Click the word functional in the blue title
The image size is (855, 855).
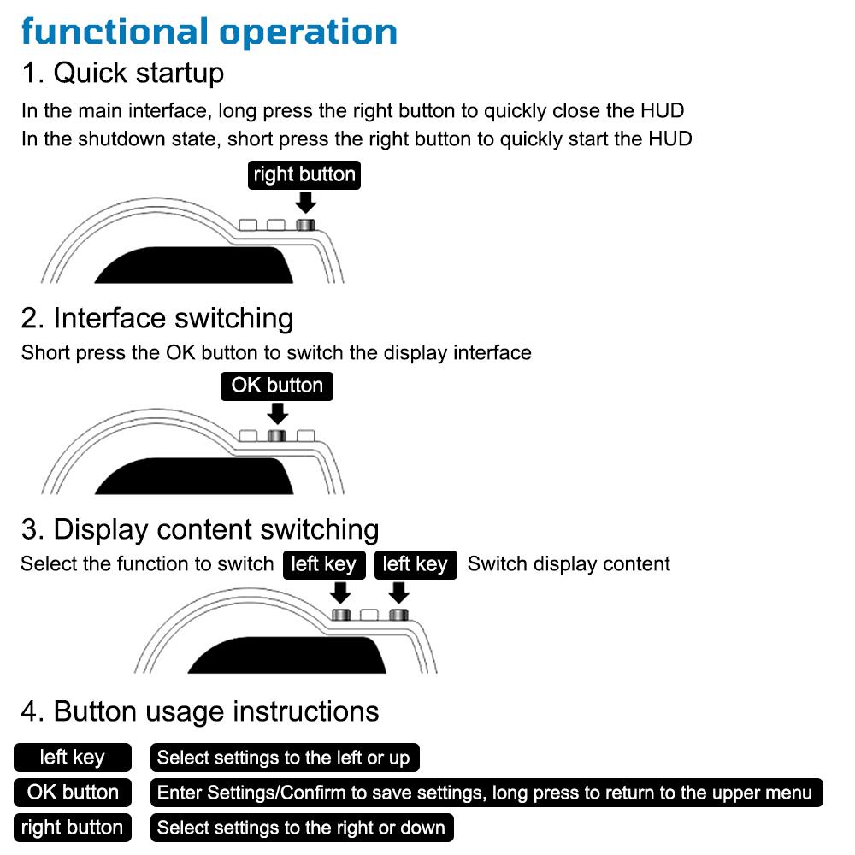tap(115, 32)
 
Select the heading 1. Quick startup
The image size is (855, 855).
tap(122, 73)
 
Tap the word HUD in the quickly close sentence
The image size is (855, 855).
tap(662, 110)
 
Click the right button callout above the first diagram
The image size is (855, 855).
tap(304, 175)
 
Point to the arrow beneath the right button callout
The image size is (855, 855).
tap(305, 203)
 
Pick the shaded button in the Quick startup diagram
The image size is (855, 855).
tap(305, 225)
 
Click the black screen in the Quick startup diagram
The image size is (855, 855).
tap(194, 265)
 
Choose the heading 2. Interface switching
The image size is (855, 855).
tap(157, 318)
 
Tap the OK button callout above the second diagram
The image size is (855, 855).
tap(277, 386)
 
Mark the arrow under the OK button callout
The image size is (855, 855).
tap(278, 413)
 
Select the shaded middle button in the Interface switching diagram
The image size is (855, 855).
tap(277, 436)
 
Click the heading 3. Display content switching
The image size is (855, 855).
tap(200, 529)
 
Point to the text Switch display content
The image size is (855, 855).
tap(569, 563)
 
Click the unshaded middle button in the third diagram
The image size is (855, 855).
tap(369, 615)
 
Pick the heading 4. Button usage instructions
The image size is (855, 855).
tap(200, 711)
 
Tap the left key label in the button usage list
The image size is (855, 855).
tap(73, 758)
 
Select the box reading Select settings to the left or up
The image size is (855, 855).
tap(285, 758)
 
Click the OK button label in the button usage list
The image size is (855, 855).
tap(73, 793)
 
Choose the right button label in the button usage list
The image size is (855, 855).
tap(73, 828)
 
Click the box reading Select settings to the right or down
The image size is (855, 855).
tap(302, 828)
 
